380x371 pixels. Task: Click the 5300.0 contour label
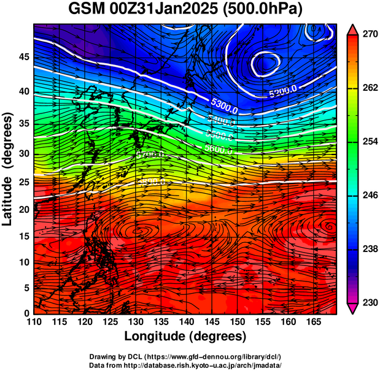[224, 105]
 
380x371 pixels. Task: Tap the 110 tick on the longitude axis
[34, 322]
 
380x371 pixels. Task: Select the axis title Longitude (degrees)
[185, 337]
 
